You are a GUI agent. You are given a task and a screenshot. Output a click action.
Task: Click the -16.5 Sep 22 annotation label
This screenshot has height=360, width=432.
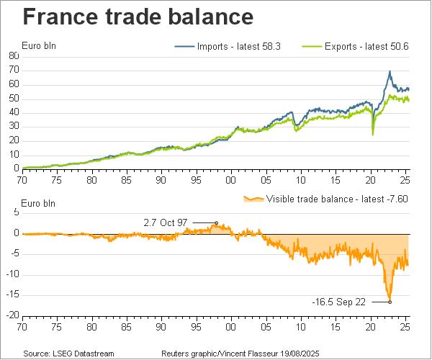[x=338, y=302]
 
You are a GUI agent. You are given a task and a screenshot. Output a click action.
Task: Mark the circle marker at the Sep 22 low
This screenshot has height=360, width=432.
[x=390, y=302]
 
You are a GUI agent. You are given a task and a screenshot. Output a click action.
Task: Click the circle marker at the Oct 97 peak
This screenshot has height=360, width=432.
[x=217, y=223]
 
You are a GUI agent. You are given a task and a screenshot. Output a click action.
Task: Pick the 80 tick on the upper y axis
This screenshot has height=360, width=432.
[x=14, y=55]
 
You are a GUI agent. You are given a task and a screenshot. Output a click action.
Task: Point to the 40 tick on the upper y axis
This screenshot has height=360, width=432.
[x=14, y=112]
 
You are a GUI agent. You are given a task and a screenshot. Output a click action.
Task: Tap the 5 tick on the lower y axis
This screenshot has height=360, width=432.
[x=16, y=212]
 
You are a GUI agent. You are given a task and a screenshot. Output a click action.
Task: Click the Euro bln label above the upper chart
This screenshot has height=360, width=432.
[x=40, y=46]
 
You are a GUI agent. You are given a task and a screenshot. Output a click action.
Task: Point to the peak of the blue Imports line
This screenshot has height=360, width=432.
[x=390, y=71]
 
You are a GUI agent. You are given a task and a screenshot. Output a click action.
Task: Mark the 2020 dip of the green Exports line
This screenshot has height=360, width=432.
[x=372, y=134]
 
